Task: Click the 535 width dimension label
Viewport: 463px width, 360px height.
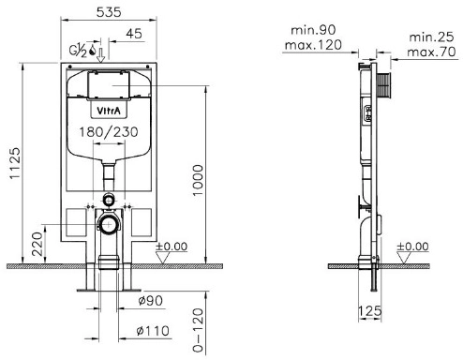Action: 109,12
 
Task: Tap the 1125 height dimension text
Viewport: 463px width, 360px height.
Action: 15,163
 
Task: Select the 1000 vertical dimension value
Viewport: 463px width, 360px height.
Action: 198,180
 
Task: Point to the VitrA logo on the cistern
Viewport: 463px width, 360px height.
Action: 109,111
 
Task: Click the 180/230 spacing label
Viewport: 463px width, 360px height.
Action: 109,132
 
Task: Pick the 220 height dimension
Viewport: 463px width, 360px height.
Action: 37,244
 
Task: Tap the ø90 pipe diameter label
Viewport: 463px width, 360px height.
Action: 151,301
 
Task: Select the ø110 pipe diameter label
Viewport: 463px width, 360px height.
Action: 153,331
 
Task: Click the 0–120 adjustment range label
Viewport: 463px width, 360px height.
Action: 198,330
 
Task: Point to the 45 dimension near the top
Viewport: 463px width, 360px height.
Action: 134,34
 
